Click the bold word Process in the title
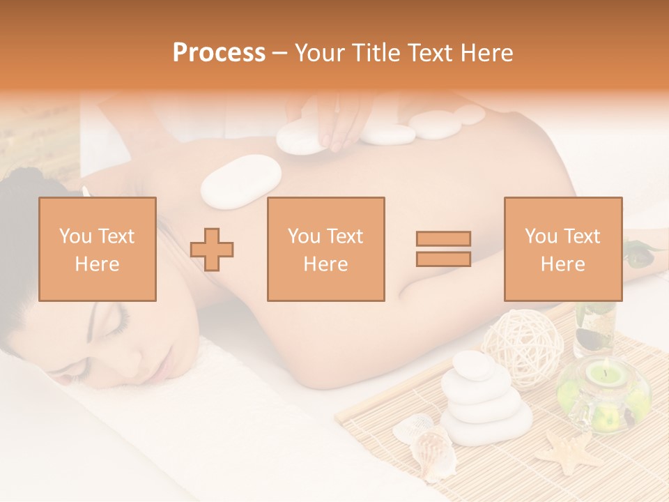[219, 53]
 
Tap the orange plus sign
[212, 250]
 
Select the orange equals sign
[443, 249]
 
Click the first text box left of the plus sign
[98, 249]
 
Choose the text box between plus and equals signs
[326, 249]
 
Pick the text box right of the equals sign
[563, 249]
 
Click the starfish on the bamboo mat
[569, 450]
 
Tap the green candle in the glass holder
[603, 376]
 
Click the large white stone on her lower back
[241, 181]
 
